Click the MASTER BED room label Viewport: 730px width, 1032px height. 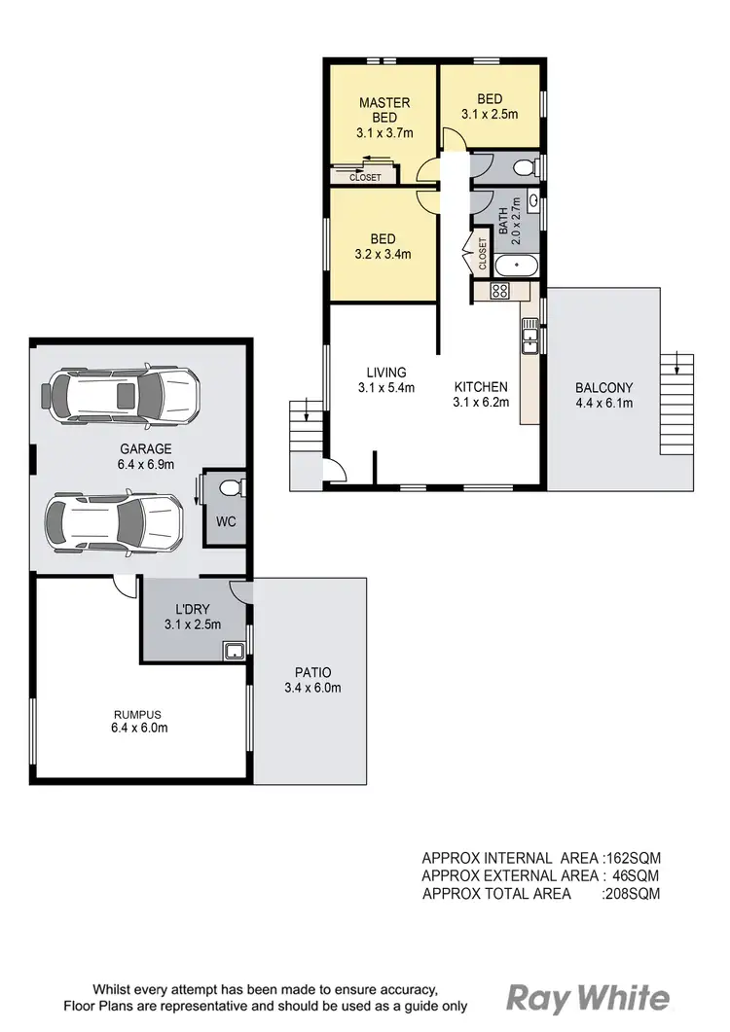[x=384, y=109]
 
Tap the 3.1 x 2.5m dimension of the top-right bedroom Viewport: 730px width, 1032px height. [x=489, y=114]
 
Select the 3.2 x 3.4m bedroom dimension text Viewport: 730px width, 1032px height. [x=382, y=255]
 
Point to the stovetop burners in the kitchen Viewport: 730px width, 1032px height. [x=499, y=290]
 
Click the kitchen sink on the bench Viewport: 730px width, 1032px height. [x=529, y=338]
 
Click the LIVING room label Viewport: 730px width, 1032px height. [x=386, y=373]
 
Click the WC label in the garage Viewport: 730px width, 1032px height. [x=226, y=521]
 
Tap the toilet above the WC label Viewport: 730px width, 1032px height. [x=228, y=486]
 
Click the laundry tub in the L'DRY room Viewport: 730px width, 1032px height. [x=234, y=651]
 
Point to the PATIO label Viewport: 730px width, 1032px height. [x=312, y=672]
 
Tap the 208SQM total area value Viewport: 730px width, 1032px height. [x=632, y=893]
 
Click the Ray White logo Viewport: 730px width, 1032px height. [x=588, y=999]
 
